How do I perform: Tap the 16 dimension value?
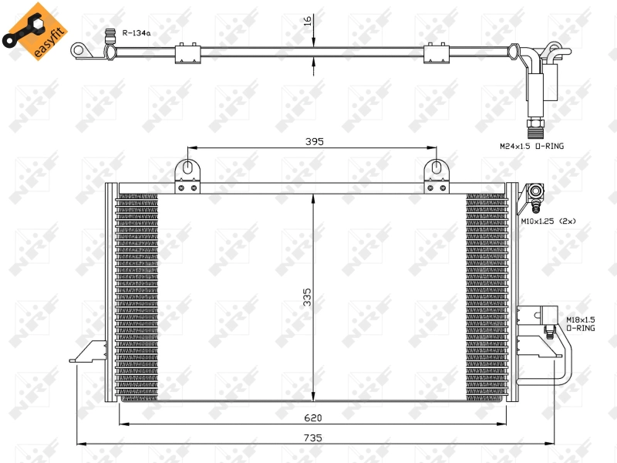point(308,21)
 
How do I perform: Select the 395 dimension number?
point(313,141)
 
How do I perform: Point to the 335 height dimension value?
point(306,297)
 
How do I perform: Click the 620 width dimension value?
point(312,417)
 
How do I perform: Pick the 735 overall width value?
point(312,438)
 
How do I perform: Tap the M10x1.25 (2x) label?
point(548,221)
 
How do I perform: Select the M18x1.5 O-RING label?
point(580,323)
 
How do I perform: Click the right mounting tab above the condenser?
point(436,174)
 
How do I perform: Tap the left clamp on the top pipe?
point(187,52)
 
